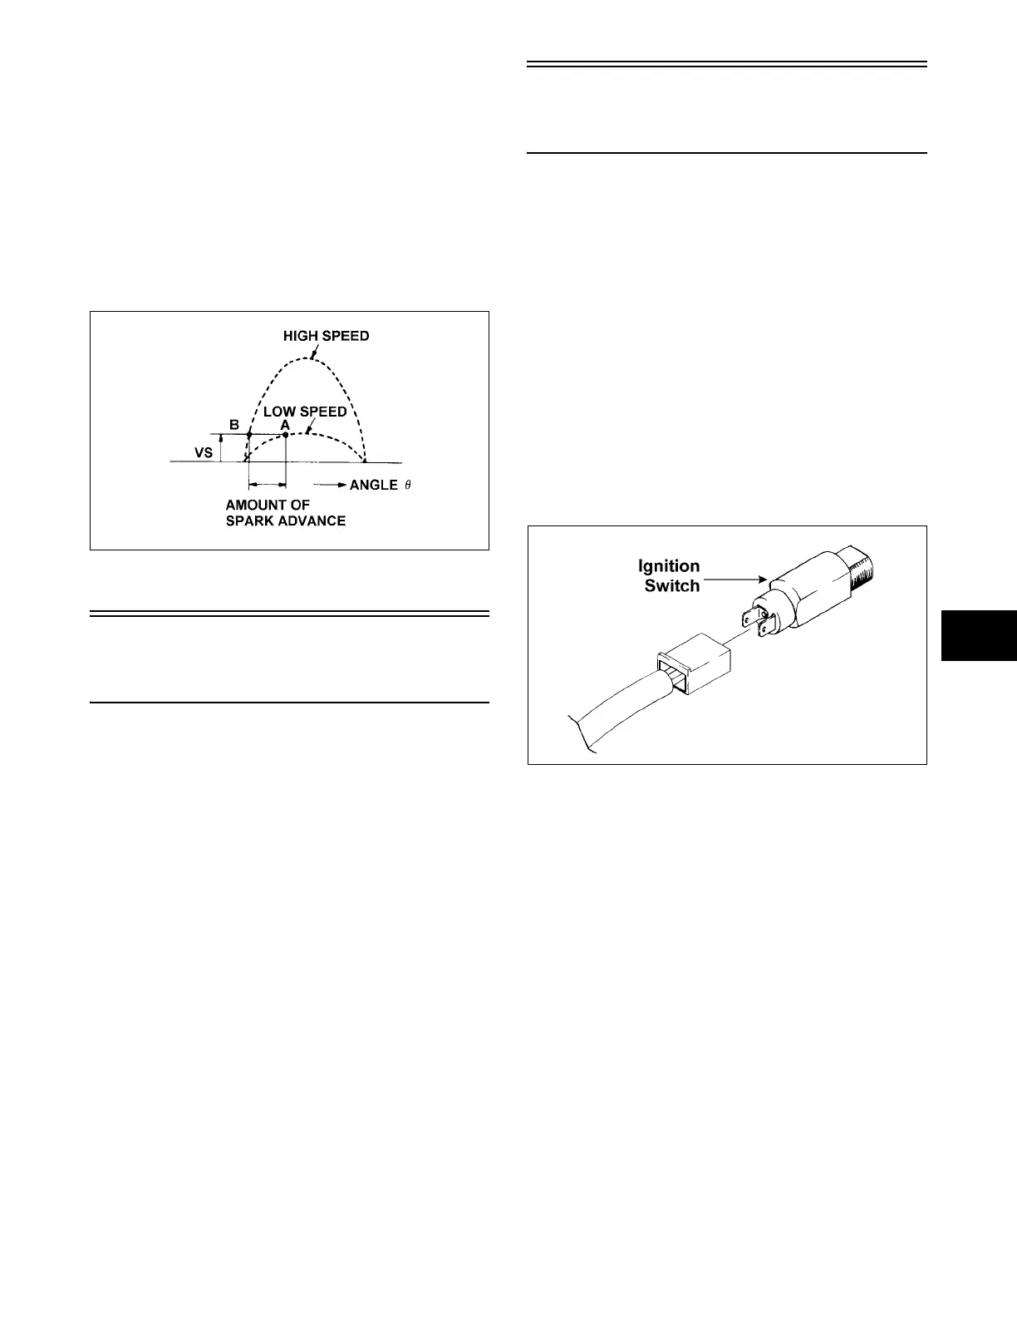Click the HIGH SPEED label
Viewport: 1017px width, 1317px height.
[326, 336]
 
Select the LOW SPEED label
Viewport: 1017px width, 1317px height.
[305, 412]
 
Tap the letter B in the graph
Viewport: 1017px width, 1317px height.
[234, 425]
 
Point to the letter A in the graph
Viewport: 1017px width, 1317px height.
[285, 424]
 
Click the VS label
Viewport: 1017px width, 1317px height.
[203, 453]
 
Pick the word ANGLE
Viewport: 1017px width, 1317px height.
[373, 485]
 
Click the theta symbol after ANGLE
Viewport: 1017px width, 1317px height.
[407, 485]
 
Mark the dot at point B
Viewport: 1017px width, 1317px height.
[249, 435]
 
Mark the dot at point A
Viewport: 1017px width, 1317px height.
[286, 435]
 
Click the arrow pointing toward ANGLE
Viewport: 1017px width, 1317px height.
[329, 485]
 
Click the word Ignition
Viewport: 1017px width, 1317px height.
[668, 566]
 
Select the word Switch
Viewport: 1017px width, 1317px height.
[672, 585]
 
